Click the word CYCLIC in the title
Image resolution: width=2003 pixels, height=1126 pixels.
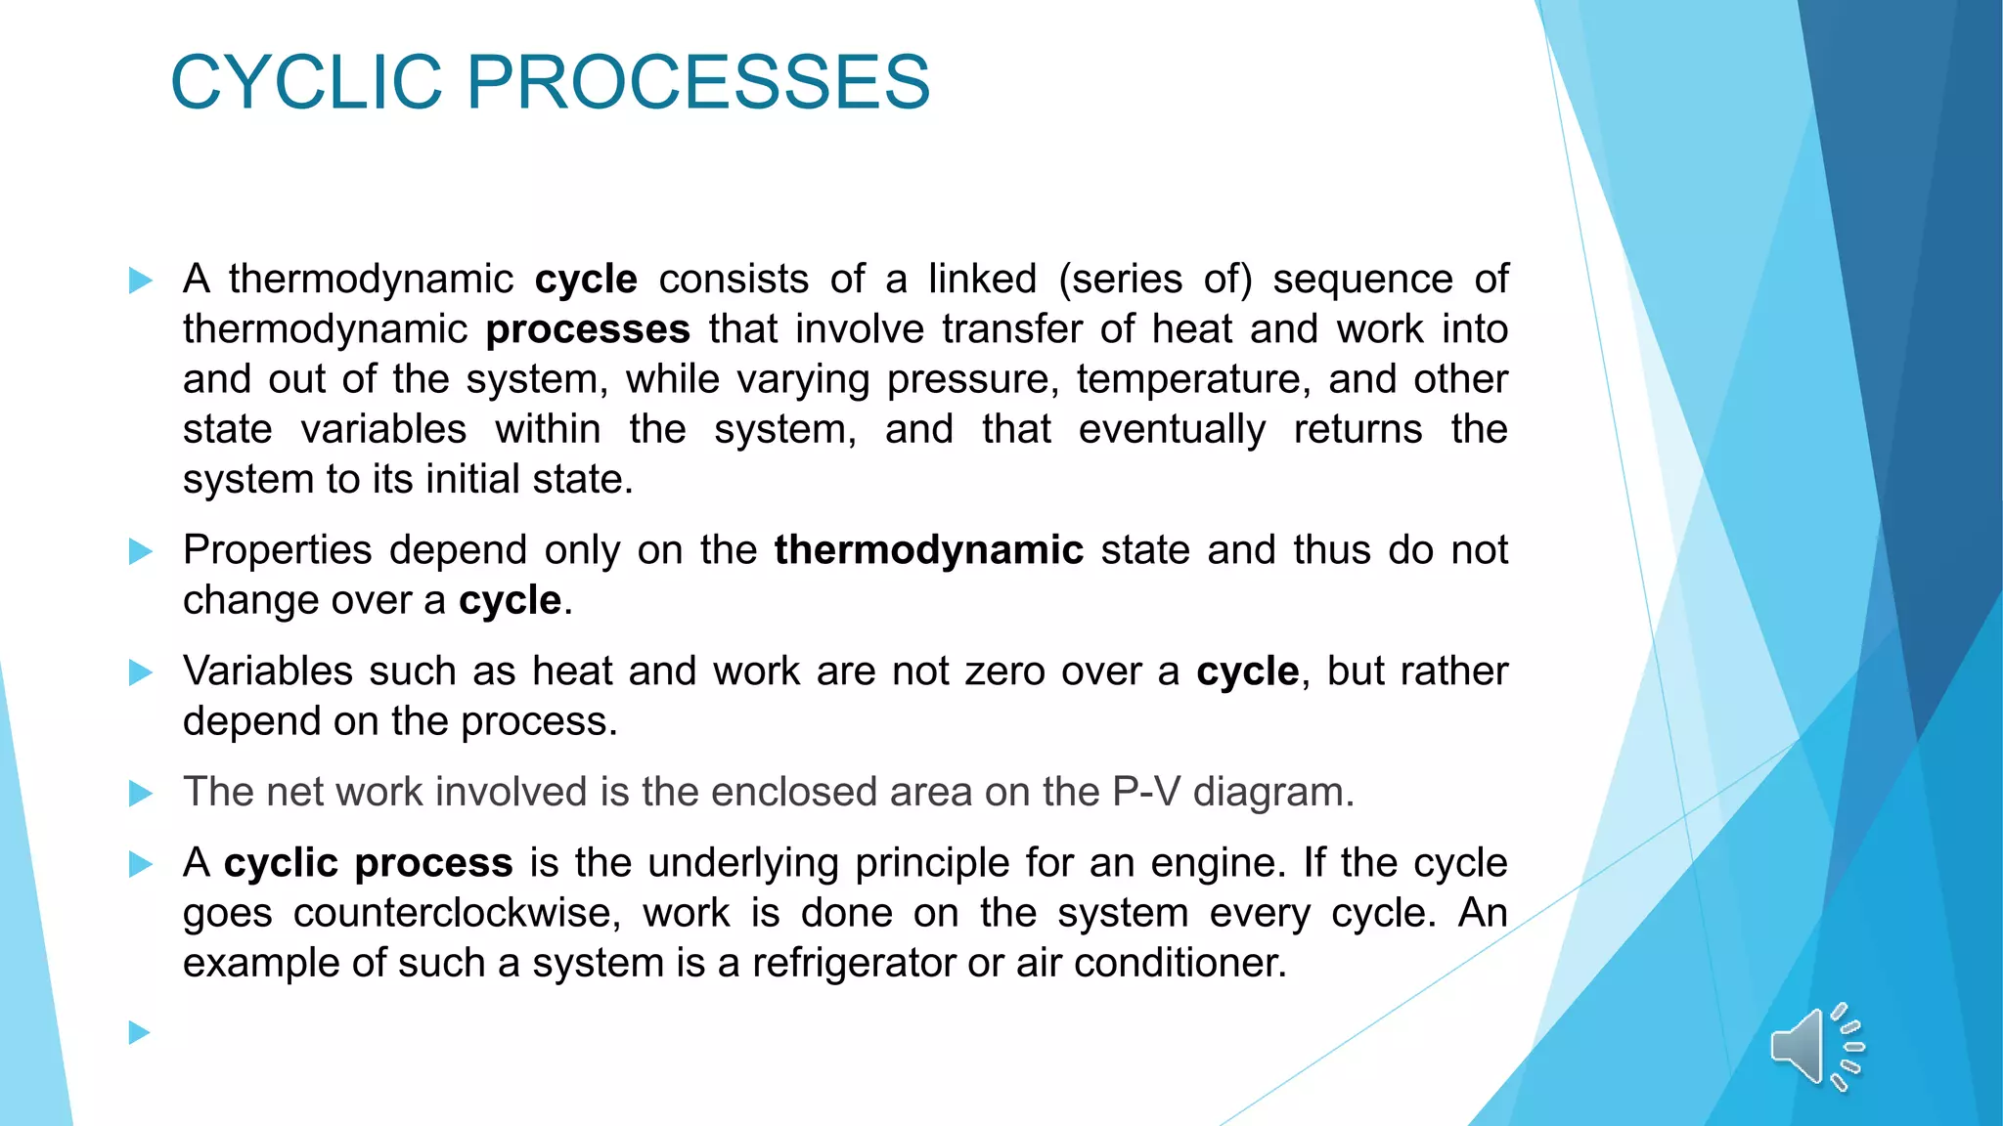[x=306, y=82]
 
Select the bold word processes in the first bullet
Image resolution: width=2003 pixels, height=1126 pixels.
[x=588, y=329]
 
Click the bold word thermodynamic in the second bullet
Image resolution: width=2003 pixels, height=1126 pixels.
[x=928, y=550]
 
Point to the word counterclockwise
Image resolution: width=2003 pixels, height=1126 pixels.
[x=457, y=913]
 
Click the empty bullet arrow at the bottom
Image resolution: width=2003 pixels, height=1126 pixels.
[x=141, y=1032]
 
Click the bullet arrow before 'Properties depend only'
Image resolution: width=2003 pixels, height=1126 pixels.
[x=141, y=551]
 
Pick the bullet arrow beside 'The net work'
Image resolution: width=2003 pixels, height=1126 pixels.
[x=141, y=793]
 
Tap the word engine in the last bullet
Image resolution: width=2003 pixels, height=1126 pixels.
[x=1216, y=864]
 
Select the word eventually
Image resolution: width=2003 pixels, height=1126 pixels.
[x=1172, y=429]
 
